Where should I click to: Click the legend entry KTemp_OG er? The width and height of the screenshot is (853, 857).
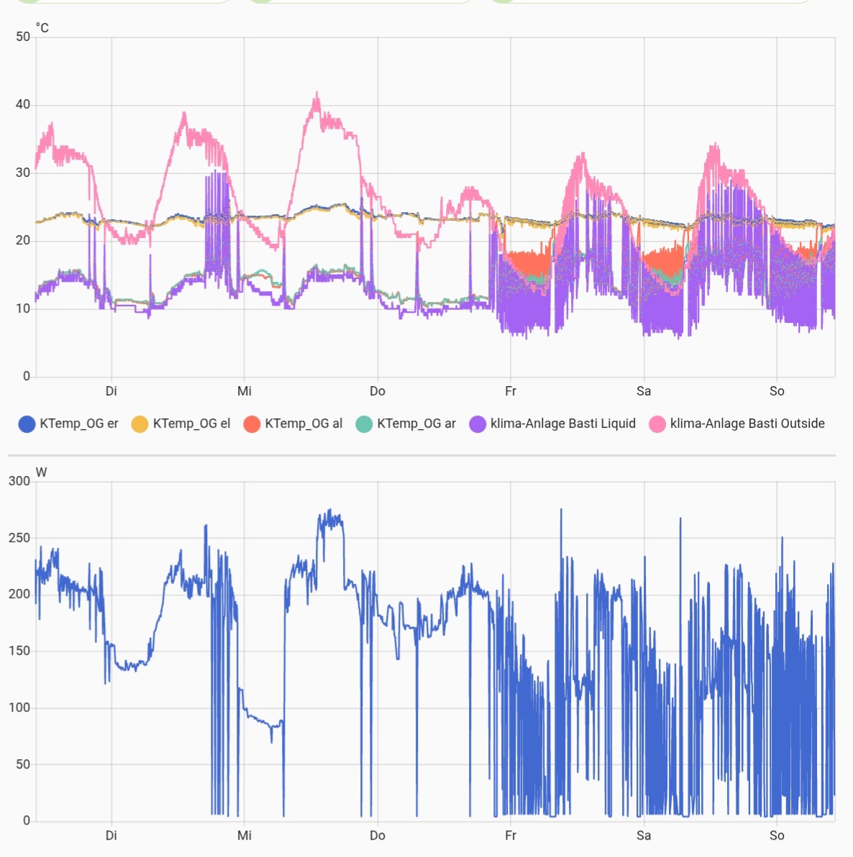coord(69,423)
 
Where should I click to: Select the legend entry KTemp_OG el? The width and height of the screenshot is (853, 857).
coord(182,423)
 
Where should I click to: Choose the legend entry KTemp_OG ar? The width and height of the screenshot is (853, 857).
coord(406,423)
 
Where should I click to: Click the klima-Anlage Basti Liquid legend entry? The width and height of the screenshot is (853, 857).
coord(553,423)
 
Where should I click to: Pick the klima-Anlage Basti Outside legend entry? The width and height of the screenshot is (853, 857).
coord(737,423)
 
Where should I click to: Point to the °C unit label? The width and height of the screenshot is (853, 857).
coord(42,28)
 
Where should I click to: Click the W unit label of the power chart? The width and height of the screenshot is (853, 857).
coord(41,472)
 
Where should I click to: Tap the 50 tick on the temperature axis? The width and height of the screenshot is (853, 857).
coord(23,37)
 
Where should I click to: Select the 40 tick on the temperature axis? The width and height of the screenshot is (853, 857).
coord(23,104)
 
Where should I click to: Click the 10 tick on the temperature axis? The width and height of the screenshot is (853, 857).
coord(23,308)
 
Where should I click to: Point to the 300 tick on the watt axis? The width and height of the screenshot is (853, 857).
coord(19,481)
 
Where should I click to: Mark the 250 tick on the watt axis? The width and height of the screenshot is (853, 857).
coord(19,538)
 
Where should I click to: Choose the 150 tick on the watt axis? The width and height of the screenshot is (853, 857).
coord(19,651)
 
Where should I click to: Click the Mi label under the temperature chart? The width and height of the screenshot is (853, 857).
coord(245,391)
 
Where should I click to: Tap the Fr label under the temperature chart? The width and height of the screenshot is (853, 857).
coord(511,391)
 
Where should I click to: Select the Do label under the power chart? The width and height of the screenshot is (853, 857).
coord(378,835)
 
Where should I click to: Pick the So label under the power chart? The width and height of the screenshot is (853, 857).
coord(777,835)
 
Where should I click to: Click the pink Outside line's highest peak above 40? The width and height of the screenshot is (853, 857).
coord(316,93)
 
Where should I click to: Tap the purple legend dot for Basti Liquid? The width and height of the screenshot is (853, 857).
coord(478,424)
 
